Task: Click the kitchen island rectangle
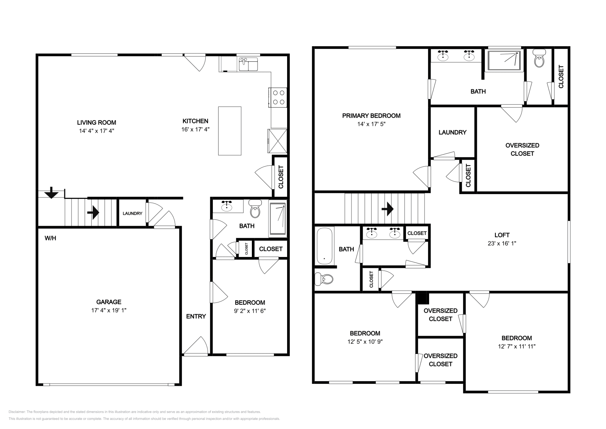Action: click(x=230, y=131)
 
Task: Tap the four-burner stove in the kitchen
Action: click(x=278, y=97)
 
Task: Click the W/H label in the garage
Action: click(x=50, y=238)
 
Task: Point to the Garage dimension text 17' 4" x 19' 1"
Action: click(x=109, y=310)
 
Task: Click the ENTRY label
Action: click(x=196, y=316)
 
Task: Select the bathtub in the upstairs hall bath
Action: click(x=324, y=246)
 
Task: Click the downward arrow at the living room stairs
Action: click(x=51, y=194)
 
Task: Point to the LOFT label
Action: click(x=502, y=235)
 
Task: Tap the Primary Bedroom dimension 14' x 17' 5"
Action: click(x=371, y=124)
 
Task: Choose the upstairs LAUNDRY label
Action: click(x=452, y=132)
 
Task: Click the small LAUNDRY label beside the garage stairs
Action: click(x=132, y=213)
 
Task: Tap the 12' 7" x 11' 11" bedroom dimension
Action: click(x=517, y=346)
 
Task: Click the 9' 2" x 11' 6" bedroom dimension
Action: click(x=250, y=310)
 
